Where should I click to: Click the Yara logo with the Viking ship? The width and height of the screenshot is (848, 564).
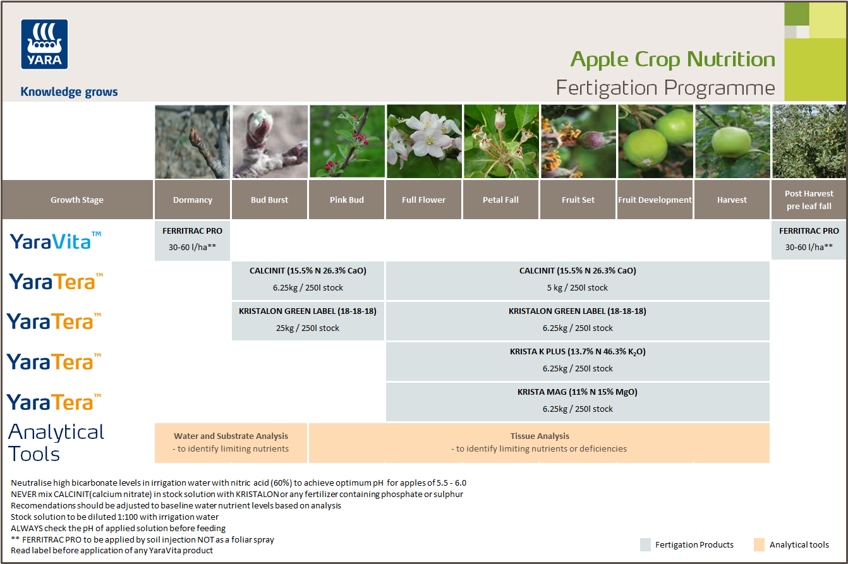tap(44, 44)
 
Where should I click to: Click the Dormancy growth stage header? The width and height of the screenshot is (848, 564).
tap(193, 200)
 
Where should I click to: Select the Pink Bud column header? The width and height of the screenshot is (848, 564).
tap(347, 200)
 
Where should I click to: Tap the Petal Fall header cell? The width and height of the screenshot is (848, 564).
tap(500, 200)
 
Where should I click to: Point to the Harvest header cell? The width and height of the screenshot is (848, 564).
tap(732, 200)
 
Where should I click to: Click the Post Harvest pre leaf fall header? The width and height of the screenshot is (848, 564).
tap(809, 200)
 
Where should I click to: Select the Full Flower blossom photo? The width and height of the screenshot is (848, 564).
tap(424, 141)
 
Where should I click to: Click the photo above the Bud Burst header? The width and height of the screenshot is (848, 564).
tap(270, 141)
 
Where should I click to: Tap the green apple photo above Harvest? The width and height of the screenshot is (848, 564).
tap(732, 141)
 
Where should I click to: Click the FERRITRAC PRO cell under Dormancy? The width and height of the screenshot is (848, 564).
tap(193, 239)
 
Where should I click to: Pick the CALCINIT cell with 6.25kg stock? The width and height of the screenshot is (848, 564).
tap(308, 280)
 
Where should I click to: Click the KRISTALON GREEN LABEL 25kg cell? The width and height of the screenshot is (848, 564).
tap(308, 320)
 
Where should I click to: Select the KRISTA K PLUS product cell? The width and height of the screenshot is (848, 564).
tap(578, 361)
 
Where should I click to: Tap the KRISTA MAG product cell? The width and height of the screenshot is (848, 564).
tap(578, 401)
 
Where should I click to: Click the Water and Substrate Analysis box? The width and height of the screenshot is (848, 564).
tap(231, 442)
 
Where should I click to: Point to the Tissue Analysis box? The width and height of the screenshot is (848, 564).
tap(539, 442)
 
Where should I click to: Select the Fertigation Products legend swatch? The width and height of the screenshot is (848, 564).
tap(645, 544)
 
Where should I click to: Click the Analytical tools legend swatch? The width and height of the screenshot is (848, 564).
tap(759, 544)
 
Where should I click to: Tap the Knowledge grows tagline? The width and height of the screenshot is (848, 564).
tap(69, 92)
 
